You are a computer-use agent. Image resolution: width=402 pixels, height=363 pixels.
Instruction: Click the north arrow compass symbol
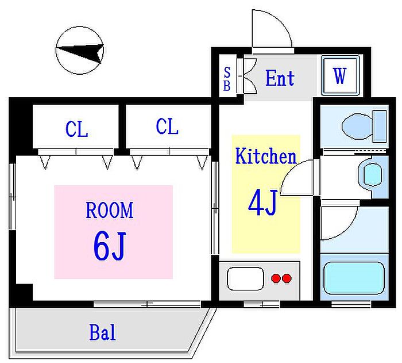pyautogui.click(x=80, y=51)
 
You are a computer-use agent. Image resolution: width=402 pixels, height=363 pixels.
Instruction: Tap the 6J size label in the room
pyautogui.click(x=110, y=246)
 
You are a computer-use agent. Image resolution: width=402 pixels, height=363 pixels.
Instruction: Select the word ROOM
pyautogui.click(x=110, y=210)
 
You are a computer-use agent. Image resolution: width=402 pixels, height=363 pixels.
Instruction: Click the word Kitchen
pyautogui.click(x=265, y=156)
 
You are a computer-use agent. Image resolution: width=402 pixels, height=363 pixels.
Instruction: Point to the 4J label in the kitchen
pyautogui.click(x=263, y=203)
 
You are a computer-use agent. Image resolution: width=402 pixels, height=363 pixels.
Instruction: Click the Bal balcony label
pyautogui.click(x=102, y=332)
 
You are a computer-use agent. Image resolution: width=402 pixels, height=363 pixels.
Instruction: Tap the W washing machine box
pyautogui.click(x=340, y=75)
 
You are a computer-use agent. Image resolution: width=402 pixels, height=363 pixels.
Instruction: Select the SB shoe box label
pyautogui.click(x=227, y=79)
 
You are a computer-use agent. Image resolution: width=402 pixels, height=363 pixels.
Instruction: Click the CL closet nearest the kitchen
pyautogui.click(x=167, y=126)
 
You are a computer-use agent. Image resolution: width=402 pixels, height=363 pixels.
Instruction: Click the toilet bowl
pyautogui.click(x=357, y=126)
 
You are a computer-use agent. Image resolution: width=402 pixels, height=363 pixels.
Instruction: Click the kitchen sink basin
pyautogui.click(x=245, y=279)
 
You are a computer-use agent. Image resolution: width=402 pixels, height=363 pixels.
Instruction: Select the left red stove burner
pyautogui.click(x=276, y=278)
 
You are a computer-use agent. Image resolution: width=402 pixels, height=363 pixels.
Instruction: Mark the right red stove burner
pyautogui.click(x=287, y=278)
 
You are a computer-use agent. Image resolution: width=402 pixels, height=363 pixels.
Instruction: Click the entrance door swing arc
pyautogui.click(x=280, y=21)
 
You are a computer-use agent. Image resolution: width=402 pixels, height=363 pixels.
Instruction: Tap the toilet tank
pyautogui.click(x=380, y=126)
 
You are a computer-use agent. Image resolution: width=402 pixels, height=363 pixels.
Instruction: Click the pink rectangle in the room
pyautogui.click(x=113, y=232)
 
